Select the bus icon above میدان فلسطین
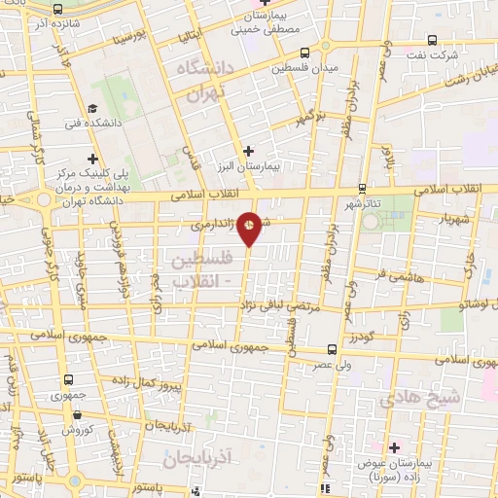pyautogui.click(x=305, y=53)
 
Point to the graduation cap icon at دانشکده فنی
pyautogui.click(x=92, y=109)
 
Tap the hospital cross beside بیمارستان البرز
pyautogui.click(x=250, y=151)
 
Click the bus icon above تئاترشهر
pyautogui.click(x=362, y=189)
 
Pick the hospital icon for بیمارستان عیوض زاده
pyautogui.click(x=394, y=447)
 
